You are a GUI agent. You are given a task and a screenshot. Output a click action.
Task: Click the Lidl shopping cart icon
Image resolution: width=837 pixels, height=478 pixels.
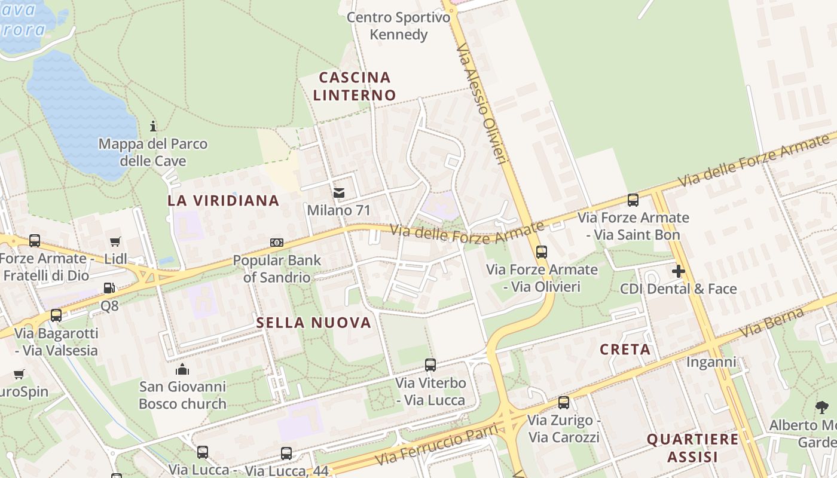click(115, 241)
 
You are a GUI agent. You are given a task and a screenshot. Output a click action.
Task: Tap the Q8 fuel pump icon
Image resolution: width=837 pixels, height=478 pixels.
click(109, 288)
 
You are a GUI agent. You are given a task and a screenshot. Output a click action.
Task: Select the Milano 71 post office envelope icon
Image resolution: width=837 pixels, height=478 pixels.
click(339, 193)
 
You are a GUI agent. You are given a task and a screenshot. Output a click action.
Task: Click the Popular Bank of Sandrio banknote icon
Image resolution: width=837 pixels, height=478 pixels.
click(276, 242)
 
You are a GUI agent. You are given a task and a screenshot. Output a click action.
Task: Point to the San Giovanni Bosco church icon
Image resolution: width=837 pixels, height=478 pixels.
click(182, 369)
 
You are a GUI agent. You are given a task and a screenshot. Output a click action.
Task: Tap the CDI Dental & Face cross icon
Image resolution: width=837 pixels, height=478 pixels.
click(678, 271)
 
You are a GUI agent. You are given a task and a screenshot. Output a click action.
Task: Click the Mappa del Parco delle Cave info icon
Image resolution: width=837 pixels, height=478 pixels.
click(153, 126)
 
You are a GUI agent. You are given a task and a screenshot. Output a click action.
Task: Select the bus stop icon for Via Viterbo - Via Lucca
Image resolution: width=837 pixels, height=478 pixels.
click(430, 364)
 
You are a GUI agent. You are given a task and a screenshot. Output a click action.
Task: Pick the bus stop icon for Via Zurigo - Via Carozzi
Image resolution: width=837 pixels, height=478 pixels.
click(563, 402)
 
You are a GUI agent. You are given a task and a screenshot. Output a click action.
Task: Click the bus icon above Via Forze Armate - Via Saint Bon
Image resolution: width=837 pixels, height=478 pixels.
click(633, 200)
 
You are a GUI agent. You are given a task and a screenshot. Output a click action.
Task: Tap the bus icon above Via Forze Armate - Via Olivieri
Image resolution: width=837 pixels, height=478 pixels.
click(541, 252)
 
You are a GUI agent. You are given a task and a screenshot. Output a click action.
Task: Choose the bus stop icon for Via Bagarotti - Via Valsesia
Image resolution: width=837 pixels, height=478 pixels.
click(56, 315)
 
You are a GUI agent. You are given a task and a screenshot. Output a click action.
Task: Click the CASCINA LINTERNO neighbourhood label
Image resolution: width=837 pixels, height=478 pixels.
click(355, 86)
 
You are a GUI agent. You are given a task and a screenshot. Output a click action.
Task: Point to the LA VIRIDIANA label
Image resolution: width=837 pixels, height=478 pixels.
click(224, 201)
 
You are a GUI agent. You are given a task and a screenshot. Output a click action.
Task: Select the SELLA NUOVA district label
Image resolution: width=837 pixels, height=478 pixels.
click(314, 323)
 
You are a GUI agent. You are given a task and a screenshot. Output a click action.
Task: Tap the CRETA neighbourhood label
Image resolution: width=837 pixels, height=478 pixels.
click(625, 350)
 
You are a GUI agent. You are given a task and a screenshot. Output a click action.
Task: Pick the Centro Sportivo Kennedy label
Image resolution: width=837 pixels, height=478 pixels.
click(399, 26)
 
